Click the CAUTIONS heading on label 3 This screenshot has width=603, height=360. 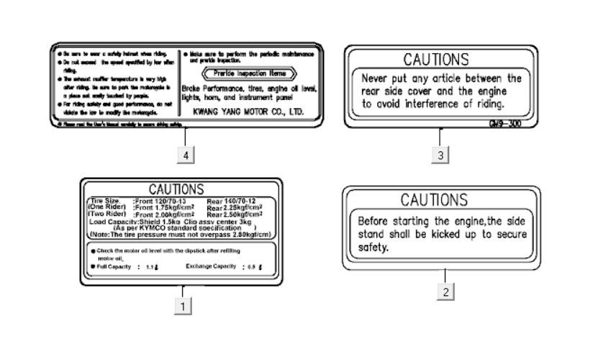(436, 59)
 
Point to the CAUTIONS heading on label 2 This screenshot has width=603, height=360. (434, 199)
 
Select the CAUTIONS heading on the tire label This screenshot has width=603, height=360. (176, 189)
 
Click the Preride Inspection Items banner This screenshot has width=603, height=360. (249, 73)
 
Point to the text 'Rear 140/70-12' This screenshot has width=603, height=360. (231, 200)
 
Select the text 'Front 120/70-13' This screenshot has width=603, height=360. (160, 200)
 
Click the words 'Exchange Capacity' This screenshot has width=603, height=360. (211, 266)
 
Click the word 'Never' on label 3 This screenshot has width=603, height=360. (376, 78)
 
